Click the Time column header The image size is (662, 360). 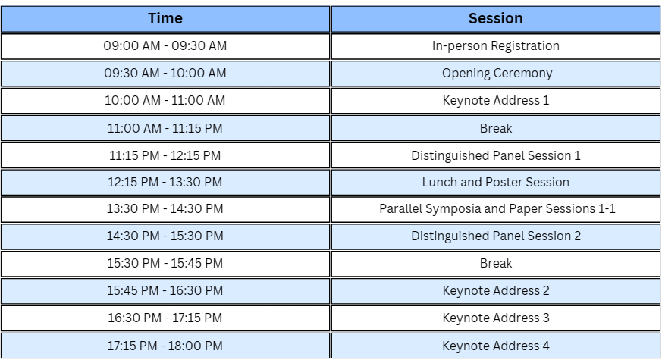(x=165, y=19)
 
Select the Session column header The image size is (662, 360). (x=496, y=19)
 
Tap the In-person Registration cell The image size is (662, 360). (x=496, y=46)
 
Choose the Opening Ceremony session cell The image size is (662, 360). (x=496, y=74)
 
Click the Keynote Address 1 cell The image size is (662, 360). (x=496, y=101)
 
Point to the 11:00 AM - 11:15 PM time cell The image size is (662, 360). (x=165, y=128)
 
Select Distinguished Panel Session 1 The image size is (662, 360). (x=496, y=155)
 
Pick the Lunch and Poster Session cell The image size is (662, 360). (x=496, y=183)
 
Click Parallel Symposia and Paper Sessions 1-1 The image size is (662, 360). (x=496, y=209)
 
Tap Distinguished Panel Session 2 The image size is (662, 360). (x=496, y=236)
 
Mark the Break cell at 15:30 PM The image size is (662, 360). (x=496, y=264)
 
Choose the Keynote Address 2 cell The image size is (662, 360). (x=496, y=291)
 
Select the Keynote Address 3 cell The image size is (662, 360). (x=496, y=318)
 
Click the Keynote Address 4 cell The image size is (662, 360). (x=496, y=346)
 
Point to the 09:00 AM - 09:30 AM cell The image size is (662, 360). (x=165, y=46)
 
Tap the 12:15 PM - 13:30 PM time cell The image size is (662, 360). (x=165, y=183)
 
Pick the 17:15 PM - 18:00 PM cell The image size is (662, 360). (x=165, y=346)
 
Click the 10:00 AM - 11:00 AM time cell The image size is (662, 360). (x=165, y=101)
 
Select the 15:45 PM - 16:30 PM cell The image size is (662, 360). (x=165, y=291)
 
